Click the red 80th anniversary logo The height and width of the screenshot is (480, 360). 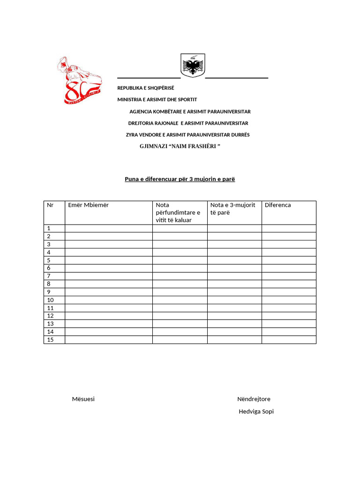click(x=77, y=81)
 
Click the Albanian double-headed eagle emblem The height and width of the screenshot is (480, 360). click(x=193, y=66)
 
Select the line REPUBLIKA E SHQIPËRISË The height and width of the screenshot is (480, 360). click(x=145, y=88)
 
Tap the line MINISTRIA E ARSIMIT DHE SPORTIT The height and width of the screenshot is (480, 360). click(x=157, y=100)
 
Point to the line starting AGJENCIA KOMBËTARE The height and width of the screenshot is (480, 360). click(x=190, y=112)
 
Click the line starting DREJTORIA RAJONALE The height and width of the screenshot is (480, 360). click(x=188, y=123)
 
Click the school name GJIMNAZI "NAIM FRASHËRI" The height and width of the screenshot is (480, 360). click(x=180, y=147)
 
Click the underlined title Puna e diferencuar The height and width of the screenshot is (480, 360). click(x=180, y=179)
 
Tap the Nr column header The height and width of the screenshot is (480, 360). click(x=50, y=205)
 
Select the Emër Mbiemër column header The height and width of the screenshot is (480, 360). click(x=88, y=205)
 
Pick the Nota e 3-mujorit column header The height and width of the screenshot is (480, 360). click(x=232, y=209)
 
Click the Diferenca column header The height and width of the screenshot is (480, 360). click(x=277, y=205)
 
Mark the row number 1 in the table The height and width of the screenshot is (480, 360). click(x=49, y=228)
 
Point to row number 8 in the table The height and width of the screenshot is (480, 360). click(x=49, y=284)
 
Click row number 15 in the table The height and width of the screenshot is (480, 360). click(x=50, y=340)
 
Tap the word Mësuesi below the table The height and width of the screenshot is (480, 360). click(x=83, y=399)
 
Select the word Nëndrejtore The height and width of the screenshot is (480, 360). click(x=254, y=399)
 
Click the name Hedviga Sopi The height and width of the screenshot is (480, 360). click(x=256, y=412)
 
